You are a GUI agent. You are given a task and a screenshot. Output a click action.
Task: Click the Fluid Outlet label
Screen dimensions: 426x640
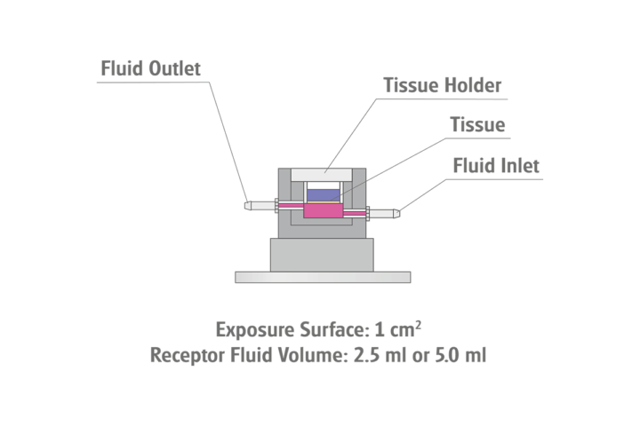pyautogui.click(x=151, y=68)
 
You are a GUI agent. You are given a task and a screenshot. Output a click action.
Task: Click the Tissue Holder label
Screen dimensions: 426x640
pyautogui.click(x=443, y=86)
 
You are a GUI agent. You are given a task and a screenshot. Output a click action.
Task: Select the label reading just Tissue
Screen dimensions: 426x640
pyautogui.click(x=476, y=125)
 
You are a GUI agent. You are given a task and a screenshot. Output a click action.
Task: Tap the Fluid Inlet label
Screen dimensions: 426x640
pyautogui.click(x=496, y=165)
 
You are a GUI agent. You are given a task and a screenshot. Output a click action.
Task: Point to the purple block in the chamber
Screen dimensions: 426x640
pyautogui.click(x=323, y=193)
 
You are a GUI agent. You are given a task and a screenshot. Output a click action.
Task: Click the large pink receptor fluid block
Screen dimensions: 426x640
pyautogui.click(x=323, y=210)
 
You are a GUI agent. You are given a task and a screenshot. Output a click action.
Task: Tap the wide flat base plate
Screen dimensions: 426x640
pyautogui.click(x=323, y=277)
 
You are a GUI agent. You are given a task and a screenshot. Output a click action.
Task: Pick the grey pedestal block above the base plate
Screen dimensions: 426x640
pyautogui.click(x=323, y=255)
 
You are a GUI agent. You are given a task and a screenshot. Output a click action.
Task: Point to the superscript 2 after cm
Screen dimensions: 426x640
pyautogui.click(x=418, y=325)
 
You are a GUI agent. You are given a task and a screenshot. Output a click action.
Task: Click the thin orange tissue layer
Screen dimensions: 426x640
pyautogui.click(x=323, y=201)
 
